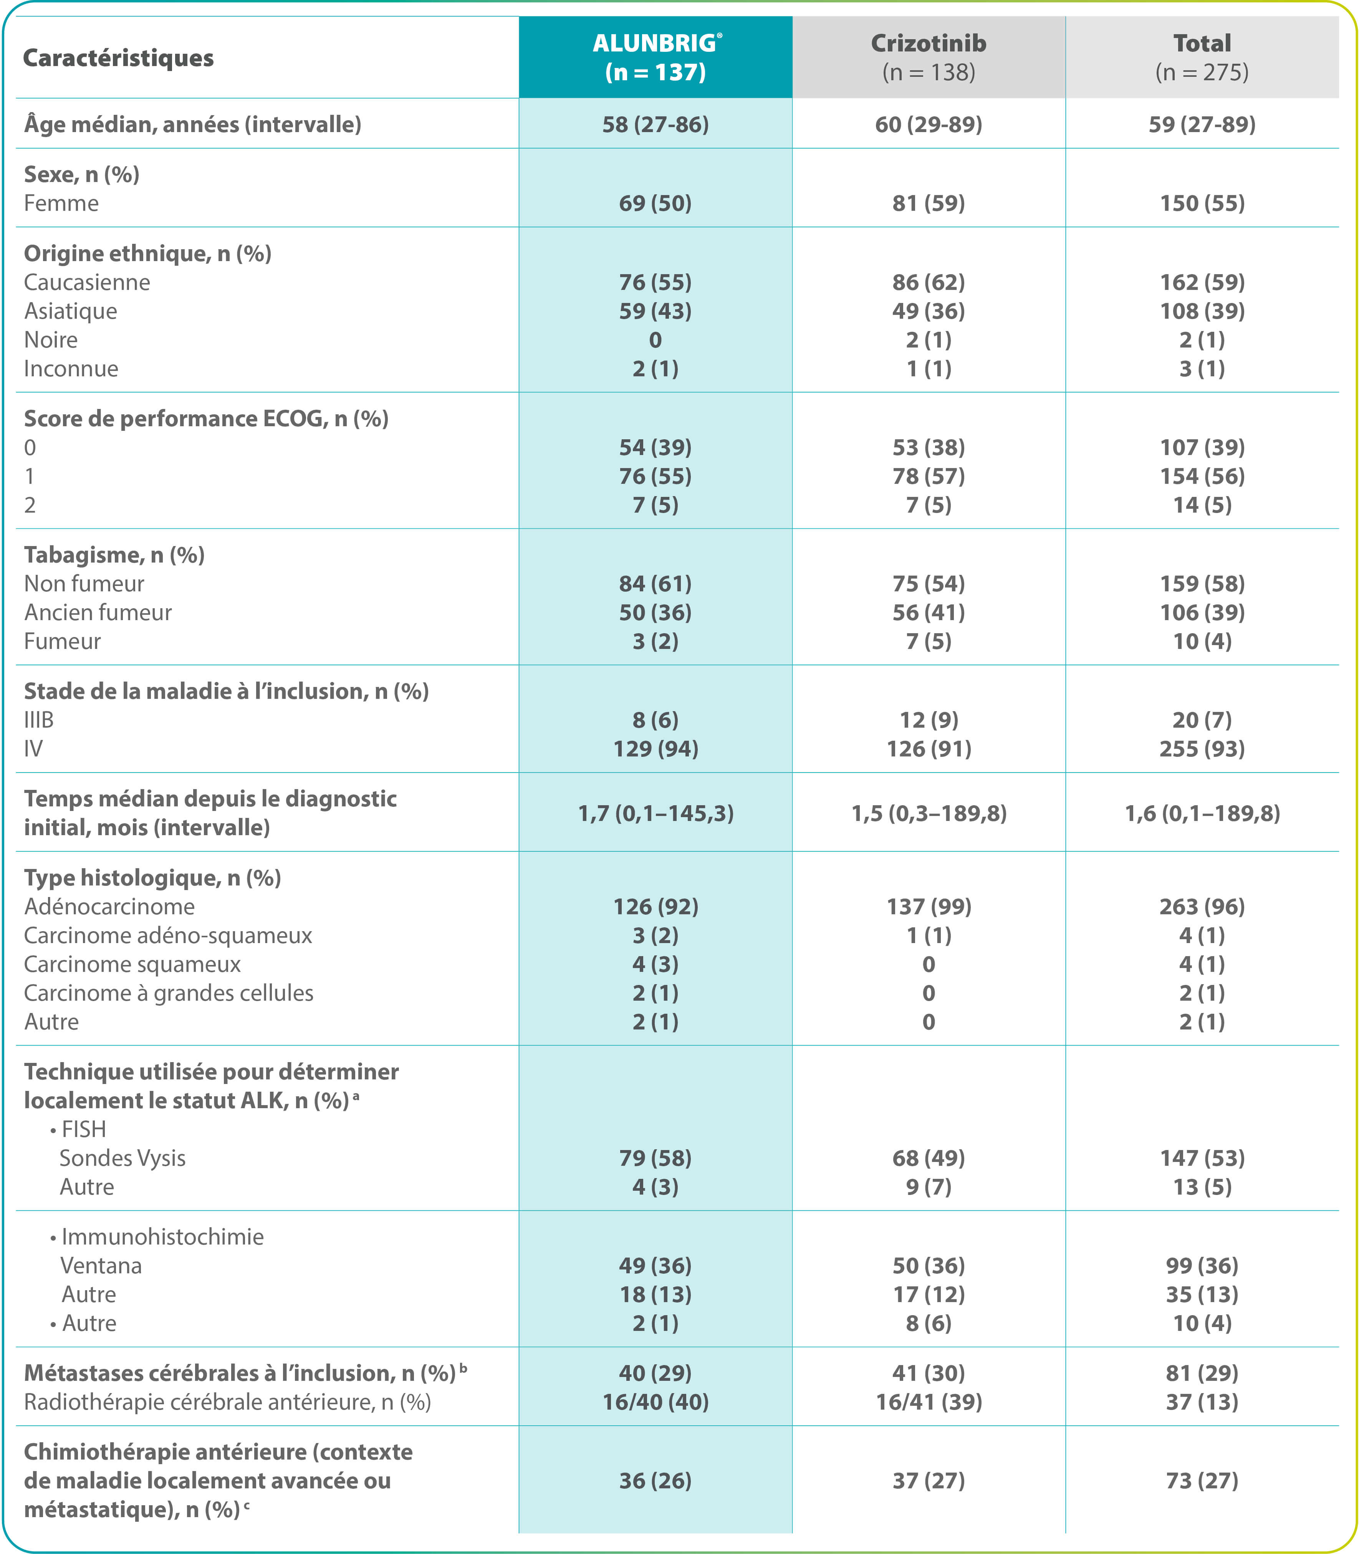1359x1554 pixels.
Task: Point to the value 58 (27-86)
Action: [x=655, y=124]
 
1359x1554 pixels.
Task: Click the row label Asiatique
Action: [x=71, y=311]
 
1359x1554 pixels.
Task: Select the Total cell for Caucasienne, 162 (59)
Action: [x=1202, y=282]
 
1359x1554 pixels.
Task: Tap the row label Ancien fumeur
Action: [x=98, y=612]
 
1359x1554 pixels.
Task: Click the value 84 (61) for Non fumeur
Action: [x=655, y=583]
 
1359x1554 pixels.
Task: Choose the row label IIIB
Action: [x=39, y=720]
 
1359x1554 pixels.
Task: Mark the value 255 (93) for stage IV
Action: [x=1202, y=748]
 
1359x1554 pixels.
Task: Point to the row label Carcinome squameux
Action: [x=132, y=964]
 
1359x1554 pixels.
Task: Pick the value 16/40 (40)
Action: [x=655, y=1402]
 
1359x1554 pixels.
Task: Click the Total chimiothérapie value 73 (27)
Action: [x=1202, y=1480]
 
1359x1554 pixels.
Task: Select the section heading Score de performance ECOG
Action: [x=205, y=419]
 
